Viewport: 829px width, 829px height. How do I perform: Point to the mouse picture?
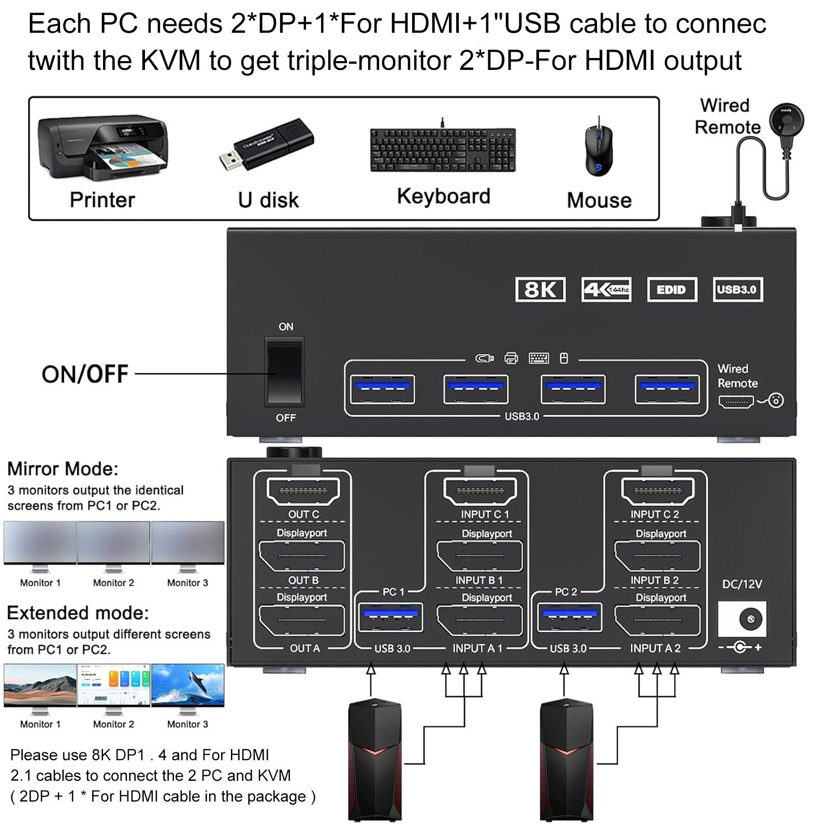click(x=599, y=150)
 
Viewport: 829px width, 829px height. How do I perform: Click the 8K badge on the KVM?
click(x=540, y=289)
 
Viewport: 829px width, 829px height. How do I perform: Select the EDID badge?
click(x=672, y=289)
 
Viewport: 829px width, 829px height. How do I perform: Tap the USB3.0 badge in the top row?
click(x=737, y=289)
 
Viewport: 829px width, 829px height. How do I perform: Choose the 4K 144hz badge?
click(x=606, y=289)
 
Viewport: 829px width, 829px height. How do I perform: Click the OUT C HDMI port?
click(x=303, y=490)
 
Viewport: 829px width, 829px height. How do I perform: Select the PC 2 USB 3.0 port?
click(x=569, y=618)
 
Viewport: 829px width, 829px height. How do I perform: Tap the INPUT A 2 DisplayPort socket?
click(x=657, y=620)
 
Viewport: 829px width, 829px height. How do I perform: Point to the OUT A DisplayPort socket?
click(x=302, y=620)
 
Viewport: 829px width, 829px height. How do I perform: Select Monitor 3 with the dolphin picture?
click(x=187, y=686)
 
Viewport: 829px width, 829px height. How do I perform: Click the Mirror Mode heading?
click(x=63, y=469)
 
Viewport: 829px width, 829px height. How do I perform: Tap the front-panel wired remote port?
click(x=736, y=402)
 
